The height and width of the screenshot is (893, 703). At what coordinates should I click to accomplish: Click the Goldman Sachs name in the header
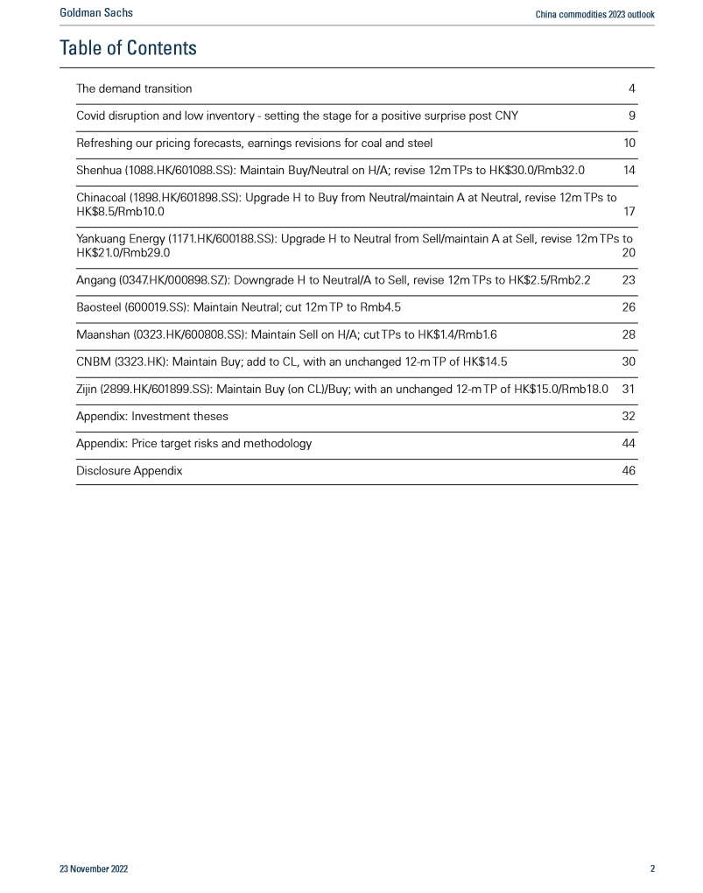96,13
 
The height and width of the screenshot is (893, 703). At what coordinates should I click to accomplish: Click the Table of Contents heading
128,48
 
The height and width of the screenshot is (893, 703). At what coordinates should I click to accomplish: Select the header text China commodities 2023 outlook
594,14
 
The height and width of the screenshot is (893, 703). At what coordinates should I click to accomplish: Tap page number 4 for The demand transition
631,88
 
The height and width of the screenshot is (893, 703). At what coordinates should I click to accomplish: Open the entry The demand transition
134,88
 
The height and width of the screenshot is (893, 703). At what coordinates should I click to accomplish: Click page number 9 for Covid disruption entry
631,116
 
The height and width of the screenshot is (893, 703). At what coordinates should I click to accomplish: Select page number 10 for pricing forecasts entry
629,143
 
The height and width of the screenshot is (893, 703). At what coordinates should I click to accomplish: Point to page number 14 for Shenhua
629,170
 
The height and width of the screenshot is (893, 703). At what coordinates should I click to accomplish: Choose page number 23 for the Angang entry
629,280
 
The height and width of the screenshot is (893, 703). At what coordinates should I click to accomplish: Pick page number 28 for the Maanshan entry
629,334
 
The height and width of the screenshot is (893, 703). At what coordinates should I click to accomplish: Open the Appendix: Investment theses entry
151,416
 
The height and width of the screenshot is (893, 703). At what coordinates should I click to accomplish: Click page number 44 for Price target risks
629,443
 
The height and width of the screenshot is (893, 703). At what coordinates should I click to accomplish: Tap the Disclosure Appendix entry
130,470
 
